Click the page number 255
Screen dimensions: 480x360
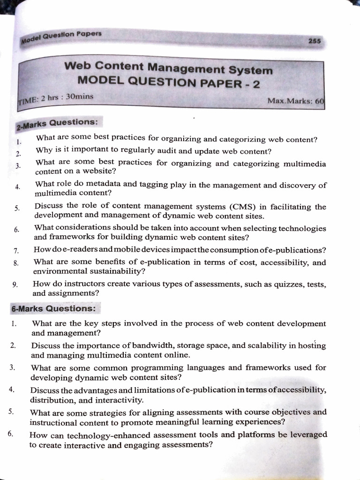click(315, 41)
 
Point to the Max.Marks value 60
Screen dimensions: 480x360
click(320, 101)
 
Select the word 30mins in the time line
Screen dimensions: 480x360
click(80, 97)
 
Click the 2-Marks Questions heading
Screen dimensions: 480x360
click(57, 124)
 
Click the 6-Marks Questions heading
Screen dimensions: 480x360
click(53, 309)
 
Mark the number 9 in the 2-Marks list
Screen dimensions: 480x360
click(16, 284)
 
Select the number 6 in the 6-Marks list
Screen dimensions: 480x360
click(10, 434)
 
